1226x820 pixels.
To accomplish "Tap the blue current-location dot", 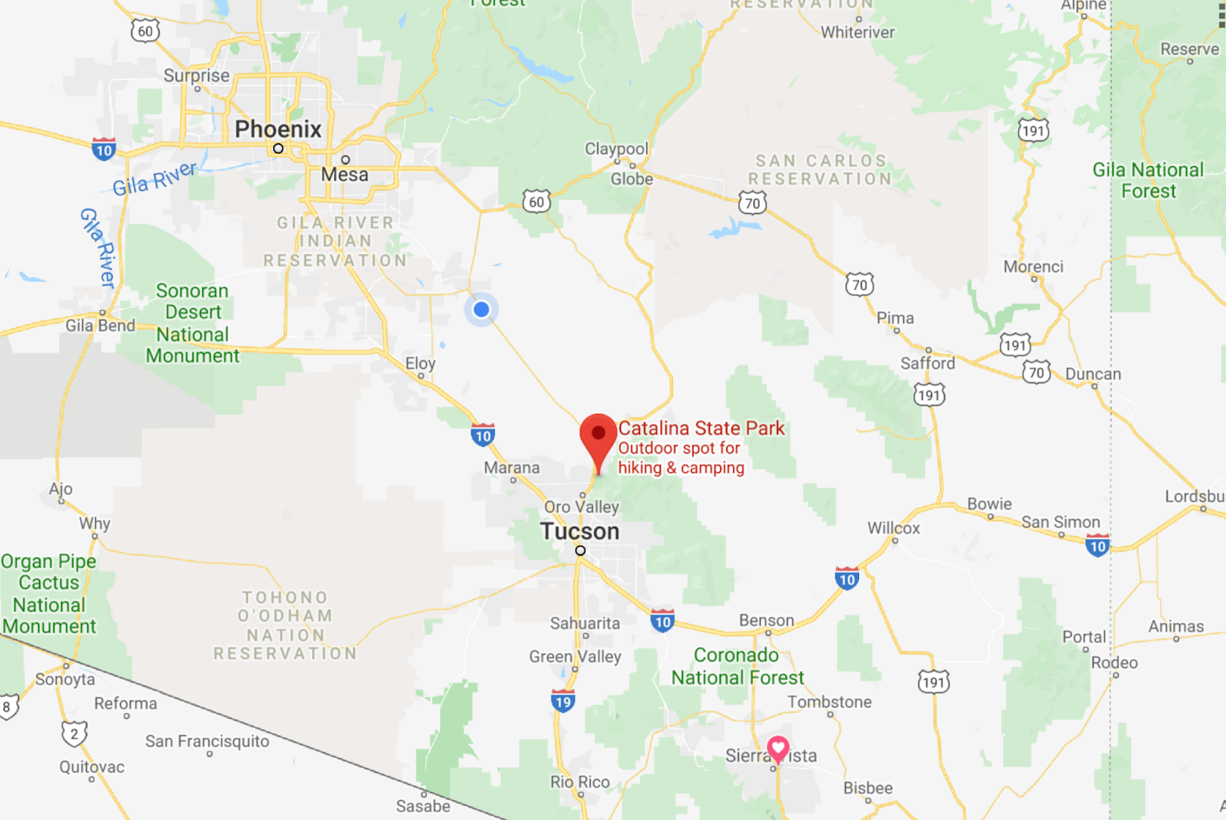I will pos(481,310).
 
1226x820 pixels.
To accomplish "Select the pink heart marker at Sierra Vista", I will pos(778,748).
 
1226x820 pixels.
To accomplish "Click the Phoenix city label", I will pos(278,129).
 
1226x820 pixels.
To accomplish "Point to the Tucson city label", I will pos(579,531).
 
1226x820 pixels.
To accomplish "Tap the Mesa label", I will pos(345,175).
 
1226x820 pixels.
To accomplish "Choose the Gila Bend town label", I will pos(100,326).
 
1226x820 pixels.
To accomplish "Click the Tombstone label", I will pos(829,702).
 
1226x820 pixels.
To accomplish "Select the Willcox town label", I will pos(893,528).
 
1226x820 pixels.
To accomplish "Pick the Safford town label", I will pos(927,363).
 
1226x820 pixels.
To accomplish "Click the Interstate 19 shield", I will pos(563,700).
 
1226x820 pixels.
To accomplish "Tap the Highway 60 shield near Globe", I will pos(536,202).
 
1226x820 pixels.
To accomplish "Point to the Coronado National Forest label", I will pos(737,667).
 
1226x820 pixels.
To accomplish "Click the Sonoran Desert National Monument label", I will pos(192,323).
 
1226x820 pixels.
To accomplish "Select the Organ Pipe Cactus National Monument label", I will pos(49,594).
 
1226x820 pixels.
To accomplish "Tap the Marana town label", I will pos(511,467).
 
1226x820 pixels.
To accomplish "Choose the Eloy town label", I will pos(420,363).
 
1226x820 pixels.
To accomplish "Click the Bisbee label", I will pos(867,788).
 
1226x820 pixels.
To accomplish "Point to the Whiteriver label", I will pos(857,32).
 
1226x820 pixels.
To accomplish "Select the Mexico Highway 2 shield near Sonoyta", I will pos(74,733).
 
